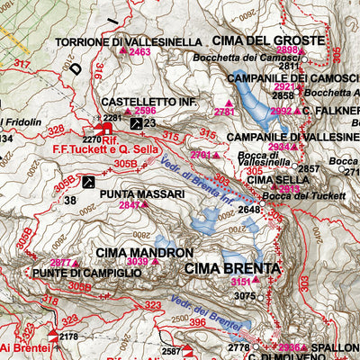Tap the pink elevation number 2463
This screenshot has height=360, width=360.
139,53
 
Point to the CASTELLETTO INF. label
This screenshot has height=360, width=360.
148,103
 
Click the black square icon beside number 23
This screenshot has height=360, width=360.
135,122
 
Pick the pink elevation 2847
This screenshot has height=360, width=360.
130,205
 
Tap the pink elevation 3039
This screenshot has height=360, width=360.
137,263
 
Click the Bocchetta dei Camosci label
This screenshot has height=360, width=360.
271,57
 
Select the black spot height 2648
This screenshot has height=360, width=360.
249,210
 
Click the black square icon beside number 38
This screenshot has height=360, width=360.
89,182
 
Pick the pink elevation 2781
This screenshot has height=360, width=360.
224,112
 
